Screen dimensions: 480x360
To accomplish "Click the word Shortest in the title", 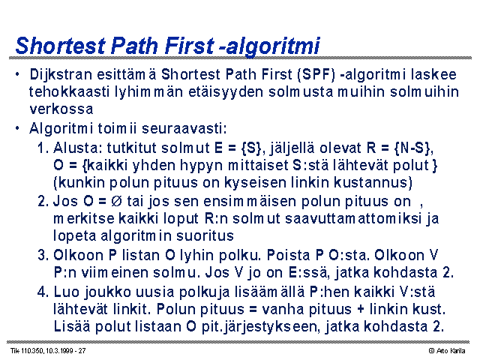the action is coord(61,46).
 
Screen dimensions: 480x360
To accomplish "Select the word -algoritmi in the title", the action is coord(270,46).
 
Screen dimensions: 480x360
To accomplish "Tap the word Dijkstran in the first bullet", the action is coord(61,75).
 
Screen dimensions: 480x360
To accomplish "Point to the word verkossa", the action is coord(61,109).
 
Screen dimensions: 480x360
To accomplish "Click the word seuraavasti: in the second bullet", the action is coord(184,128).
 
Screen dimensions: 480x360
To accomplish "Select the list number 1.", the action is coord(43,148).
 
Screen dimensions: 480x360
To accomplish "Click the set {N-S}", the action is coord(413,148).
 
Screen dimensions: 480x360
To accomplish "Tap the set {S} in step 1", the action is coord(253,148).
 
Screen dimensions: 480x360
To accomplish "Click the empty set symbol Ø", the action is coord(116,202).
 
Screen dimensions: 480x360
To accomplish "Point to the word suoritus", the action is coord(205,235).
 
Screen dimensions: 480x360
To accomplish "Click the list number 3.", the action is coord(43,255).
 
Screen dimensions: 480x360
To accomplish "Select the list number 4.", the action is coord(43,292).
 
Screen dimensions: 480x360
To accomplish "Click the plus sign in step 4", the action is coord(360,309).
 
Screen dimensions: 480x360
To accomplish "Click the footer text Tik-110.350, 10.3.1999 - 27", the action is coord(48,351).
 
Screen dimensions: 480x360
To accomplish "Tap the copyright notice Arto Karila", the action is coord(448,351).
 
